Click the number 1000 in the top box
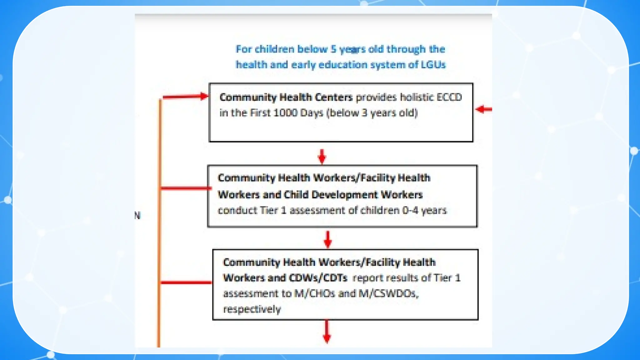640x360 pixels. (285, 112)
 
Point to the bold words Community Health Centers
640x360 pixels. (286, 97)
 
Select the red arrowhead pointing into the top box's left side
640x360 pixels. (204, 96)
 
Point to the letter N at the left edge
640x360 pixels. (137, 215)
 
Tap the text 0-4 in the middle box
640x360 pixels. (410, 210)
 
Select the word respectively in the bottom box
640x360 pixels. (252, 309)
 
